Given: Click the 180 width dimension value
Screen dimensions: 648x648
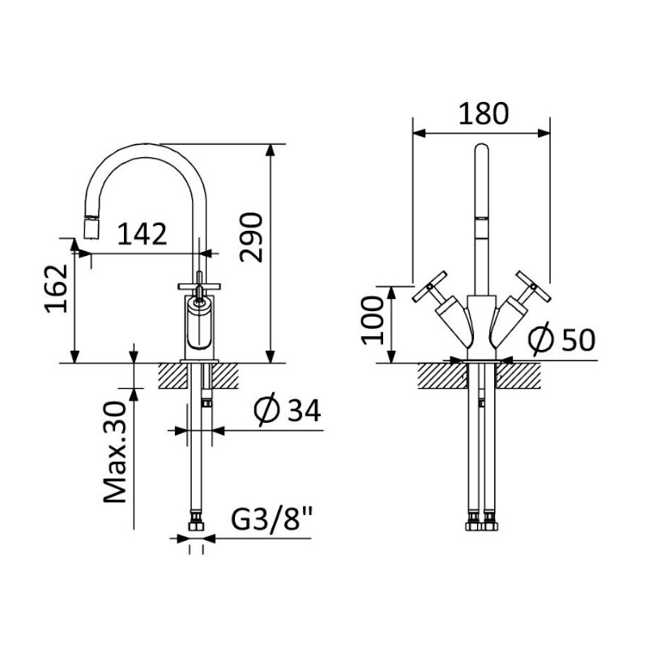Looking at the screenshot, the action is point(484,113).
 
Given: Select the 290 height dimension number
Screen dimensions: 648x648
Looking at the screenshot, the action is point(252,237).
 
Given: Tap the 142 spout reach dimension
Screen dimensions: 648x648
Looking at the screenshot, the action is point(143,234).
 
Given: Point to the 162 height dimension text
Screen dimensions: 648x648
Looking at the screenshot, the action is point(57,288).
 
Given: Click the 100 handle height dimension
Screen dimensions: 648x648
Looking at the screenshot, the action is point(373,321).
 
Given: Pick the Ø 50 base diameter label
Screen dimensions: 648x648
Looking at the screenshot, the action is point(562,339).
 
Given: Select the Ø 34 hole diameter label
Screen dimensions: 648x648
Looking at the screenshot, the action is point(288,411).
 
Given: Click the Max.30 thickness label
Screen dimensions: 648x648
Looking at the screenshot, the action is point(114,452).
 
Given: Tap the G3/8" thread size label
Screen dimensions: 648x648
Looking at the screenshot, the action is point(271,519).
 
